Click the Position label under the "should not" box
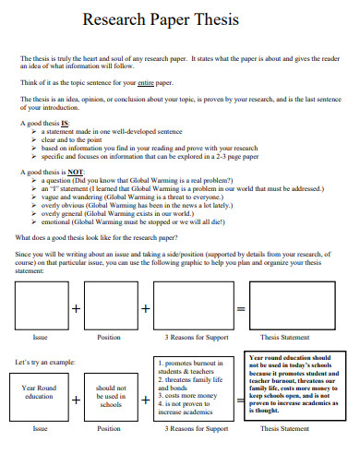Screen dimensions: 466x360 coord(109,429)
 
